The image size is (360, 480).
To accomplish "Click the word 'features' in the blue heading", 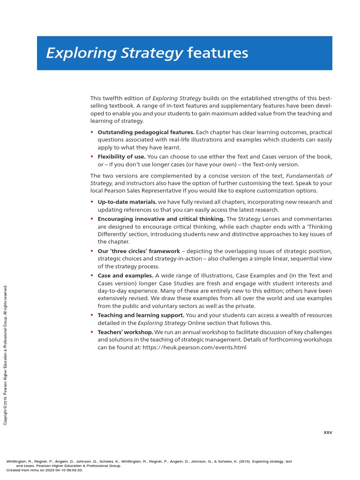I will pos(217,53).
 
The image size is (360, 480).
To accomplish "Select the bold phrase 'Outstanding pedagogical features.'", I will pos(146,132).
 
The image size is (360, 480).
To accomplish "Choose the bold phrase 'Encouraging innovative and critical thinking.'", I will pos(161,219).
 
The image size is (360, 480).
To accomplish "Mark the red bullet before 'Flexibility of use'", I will pos(92,156).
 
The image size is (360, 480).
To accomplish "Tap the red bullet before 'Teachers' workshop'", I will pos(92,332).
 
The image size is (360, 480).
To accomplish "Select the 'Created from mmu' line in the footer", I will pos(45,470).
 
